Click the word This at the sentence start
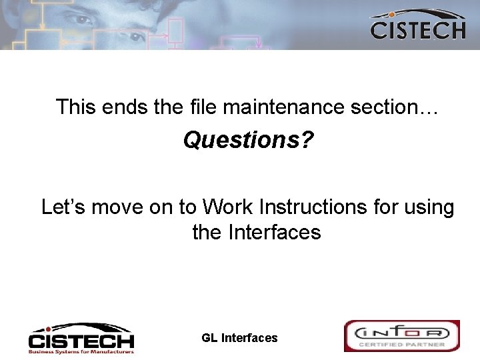(76, 107)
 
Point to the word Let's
(63, 207)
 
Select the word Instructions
(315, 207)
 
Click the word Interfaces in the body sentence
(275, 233)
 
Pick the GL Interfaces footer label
(239, 338)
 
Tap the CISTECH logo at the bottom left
(81, 337)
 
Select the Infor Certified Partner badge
(402, 336)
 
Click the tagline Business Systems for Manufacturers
(81, 351)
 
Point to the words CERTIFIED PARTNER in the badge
(402, 345)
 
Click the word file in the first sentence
(198, 107)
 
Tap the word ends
(120, 107)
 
